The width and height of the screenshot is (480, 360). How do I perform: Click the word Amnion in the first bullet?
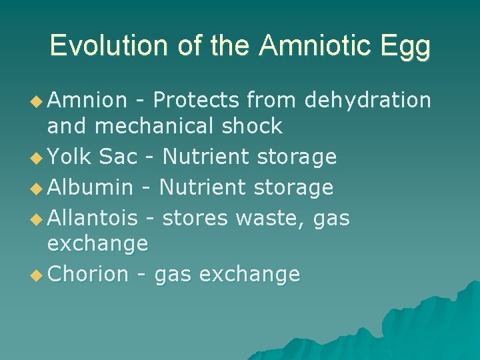pos(87,100)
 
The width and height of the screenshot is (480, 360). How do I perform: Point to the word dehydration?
pos(367,100)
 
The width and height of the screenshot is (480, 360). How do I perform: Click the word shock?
pos(253,125)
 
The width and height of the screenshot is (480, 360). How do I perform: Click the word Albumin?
pos(91,187)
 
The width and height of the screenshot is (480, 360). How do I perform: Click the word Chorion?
pos(89,274)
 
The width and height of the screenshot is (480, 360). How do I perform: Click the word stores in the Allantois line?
pos(194,217)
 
